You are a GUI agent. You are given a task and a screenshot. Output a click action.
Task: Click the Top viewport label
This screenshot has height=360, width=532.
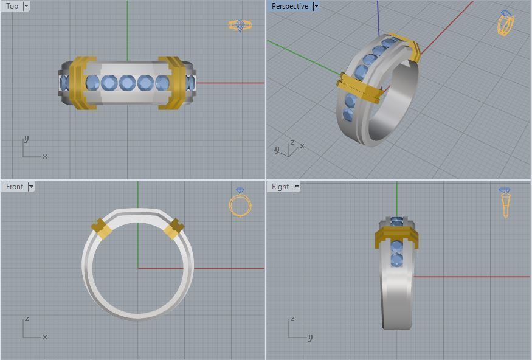pyautogui.click(x=12, y=6)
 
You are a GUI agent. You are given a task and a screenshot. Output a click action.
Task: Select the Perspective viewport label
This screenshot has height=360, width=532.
pyautogui.click(x=289, y=6)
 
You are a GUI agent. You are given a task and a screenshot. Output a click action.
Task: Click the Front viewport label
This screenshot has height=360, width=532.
pyautogui.click(x=15, y=187)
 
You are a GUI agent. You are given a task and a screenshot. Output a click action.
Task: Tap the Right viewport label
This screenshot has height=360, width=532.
pyautogui.click(x=280, y=187)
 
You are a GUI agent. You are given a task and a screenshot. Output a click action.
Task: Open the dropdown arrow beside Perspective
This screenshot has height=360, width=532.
pyautogui.click(x=316, y=6)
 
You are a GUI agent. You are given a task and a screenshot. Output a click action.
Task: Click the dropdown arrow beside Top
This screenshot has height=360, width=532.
pyautogui.click(x=26, y=6)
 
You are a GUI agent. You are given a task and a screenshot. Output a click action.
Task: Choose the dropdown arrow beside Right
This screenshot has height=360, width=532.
pyautogui.click(x=297, y=187)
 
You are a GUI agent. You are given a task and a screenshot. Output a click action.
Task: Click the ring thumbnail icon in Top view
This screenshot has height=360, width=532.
pyautogui.click(x=240, y=26)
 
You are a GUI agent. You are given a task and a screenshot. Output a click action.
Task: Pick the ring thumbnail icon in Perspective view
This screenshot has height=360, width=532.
pyautogui.click(x=506, y=23)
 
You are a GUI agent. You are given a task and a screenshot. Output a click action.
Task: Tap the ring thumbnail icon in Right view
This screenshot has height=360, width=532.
pyautogui.click(x=506, y=202)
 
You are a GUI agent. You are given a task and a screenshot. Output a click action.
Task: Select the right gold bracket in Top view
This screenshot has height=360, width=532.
pyautogui.click(x=173, y=83)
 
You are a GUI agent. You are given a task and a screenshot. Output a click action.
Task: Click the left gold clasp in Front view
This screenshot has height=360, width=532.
pyautogui.click(x=101, y=229)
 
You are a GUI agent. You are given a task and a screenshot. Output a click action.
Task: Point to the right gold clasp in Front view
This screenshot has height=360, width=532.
pyautogui.click(x=174, y=228)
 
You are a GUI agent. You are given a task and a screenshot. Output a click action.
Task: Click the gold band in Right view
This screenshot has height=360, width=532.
pyautogui.click(x=396, y=237)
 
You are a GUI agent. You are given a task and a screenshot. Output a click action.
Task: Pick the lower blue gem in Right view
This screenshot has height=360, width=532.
pyautogui.click(x=396, y=260)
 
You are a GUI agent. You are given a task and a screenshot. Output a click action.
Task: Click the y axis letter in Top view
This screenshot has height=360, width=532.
pyautogui.click(x=26, y=139)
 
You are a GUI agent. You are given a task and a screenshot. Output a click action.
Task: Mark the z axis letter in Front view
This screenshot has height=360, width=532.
pyautogui.click(x=26, y=319)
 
